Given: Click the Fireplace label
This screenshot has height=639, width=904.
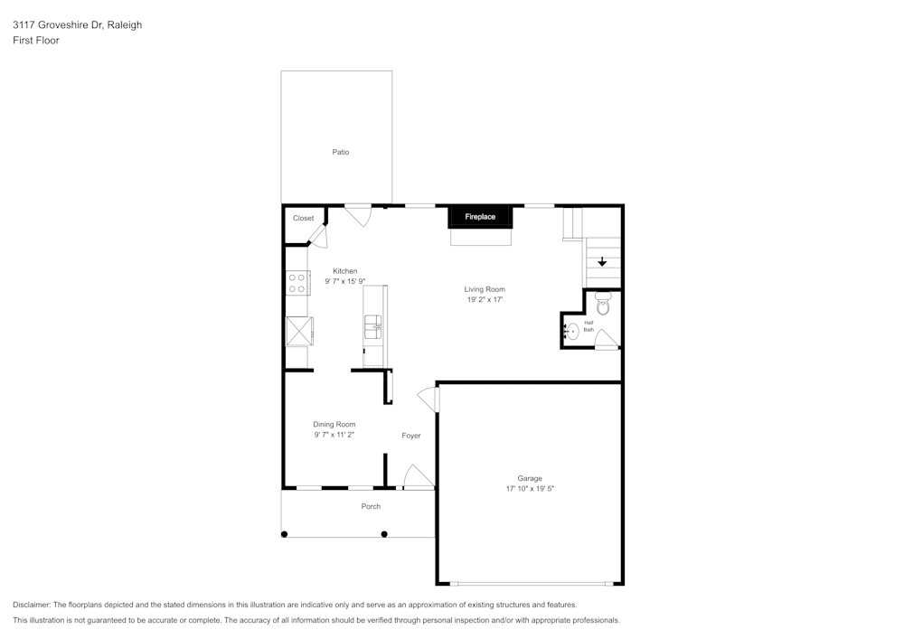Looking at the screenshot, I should (480, 217).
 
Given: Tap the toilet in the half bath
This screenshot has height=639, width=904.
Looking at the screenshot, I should (603, 305).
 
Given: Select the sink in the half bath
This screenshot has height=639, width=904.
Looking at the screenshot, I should (570, 332).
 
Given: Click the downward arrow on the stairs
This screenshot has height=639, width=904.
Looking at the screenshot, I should (602, 262).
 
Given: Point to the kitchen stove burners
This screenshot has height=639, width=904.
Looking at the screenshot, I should (296, 284).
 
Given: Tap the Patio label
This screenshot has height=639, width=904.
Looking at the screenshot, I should (340, 152).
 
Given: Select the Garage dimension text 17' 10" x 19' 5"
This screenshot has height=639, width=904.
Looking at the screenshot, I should (530, 489).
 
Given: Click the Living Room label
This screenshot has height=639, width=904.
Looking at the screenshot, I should (485, 289).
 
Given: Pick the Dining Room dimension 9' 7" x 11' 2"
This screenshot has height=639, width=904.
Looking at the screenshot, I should (334, 435).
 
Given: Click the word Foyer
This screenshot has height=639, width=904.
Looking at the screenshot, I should (411, 436).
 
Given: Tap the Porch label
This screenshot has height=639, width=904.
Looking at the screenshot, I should (371, 506).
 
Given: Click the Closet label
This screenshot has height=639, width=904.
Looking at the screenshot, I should (303, 218).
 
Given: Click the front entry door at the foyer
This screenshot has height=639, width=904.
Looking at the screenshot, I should (417, 477).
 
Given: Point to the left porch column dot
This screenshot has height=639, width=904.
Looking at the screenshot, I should (285, 534).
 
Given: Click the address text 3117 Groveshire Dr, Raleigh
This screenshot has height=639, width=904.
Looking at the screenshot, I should (77, 25).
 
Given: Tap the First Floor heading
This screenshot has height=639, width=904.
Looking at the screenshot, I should (36, 41).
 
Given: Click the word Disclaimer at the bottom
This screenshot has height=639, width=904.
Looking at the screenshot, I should (32, 605).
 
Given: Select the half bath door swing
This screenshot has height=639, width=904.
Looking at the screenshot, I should (606, 339).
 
